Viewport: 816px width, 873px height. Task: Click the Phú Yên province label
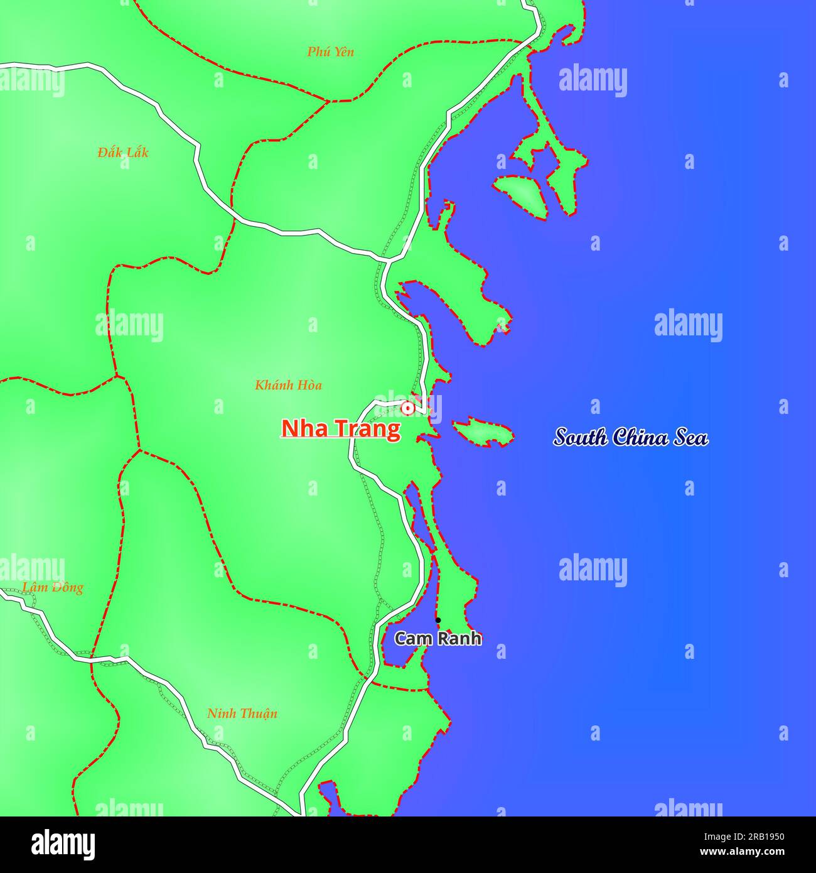[330, 52]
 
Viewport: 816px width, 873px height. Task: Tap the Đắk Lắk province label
[123, 152]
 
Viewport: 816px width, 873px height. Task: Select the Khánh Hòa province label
[288, 385]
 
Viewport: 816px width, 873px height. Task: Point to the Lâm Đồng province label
[53, 587]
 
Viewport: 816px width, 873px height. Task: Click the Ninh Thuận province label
[242, 713]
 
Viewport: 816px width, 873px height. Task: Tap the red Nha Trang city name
[340, 428]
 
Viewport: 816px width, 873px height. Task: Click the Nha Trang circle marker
[407, 409]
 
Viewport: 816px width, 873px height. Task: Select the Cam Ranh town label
[438, 639]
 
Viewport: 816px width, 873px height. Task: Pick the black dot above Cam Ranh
[438, 621]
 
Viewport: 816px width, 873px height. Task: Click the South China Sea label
[631, 437]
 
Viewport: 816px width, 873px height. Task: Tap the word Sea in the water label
[691, 437]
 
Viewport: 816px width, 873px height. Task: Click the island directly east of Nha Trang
[482, 431]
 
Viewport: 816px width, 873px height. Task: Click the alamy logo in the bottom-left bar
[63, 844]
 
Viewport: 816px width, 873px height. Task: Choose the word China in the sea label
[640, 437]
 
